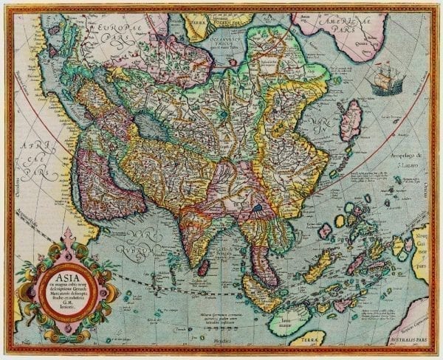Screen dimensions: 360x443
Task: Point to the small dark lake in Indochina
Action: [257, 209]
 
